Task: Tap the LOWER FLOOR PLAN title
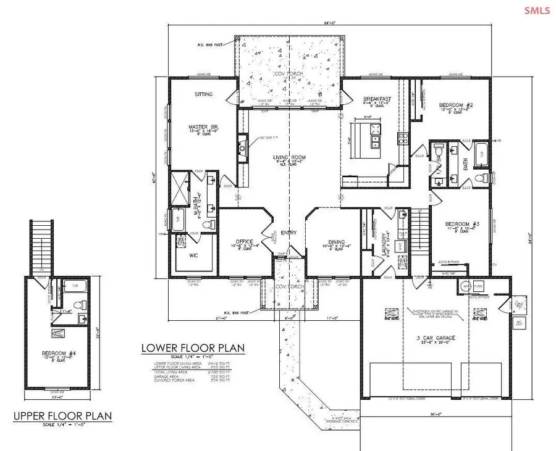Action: pyautogui.click(x=193, y=348)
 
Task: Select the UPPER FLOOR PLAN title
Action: pyautogui.click(x=63, y=416)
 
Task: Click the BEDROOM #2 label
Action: pyautogui.click(x=455, y=106)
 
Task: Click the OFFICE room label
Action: pyautogui.click(x=242, y=241)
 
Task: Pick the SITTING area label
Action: pyautogui.click(x=204, y=94)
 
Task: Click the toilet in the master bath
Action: pyautogui.click(x=208, y=223)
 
